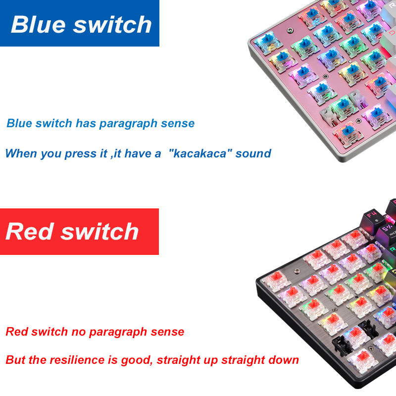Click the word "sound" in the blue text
point(253,153)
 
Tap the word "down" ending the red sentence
point(284,360)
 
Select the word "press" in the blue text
point(80,153)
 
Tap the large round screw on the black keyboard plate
point(297,271)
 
